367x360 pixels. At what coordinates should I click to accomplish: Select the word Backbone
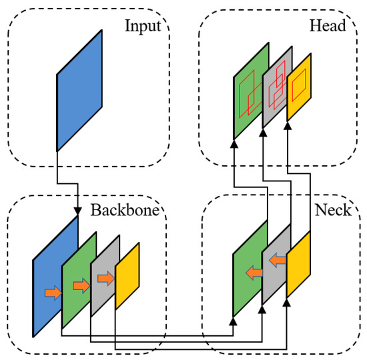pyautogui.click(x=125, y=211)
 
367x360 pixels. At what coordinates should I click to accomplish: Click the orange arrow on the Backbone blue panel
pyautogui.click(x=53, y=291)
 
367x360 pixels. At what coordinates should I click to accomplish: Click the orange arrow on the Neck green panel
pyautogui.click(x=253, y=272)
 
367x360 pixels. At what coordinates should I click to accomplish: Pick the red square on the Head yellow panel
pyautogui.click(x=300, y=82)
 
